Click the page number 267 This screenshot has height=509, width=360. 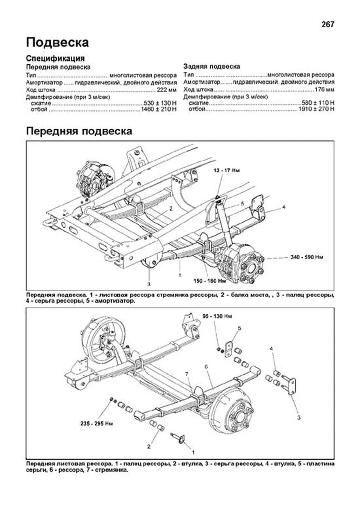(x=328, y=25)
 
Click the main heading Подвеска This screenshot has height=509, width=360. (x=57, y=42)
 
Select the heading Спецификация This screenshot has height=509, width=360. (x=55, y=58)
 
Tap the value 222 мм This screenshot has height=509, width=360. (x=166, y=90)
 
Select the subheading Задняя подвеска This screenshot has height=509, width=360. (x=211, y=67)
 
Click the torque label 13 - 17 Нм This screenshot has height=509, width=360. (x=227, y=171)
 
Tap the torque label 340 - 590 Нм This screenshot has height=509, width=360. (x=307, y=257)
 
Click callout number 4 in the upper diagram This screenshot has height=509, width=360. (x=283, y=207)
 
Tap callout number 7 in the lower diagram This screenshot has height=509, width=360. (x=187, y=374)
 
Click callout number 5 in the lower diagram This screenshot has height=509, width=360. (x=239, y=328)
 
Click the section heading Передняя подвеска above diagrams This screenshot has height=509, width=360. (x=79, y=131)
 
